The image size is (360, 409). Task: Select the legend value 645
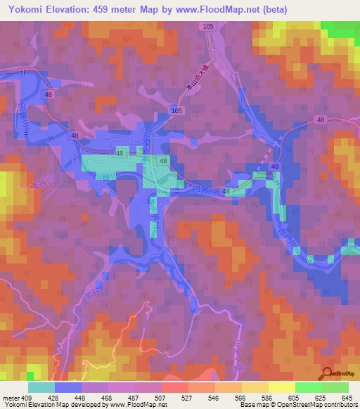click(350, 398)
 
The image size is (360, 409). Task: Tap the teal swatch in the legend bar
click(41, 387)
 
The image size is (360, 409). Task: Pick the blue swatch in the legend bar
click(68, 387)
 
